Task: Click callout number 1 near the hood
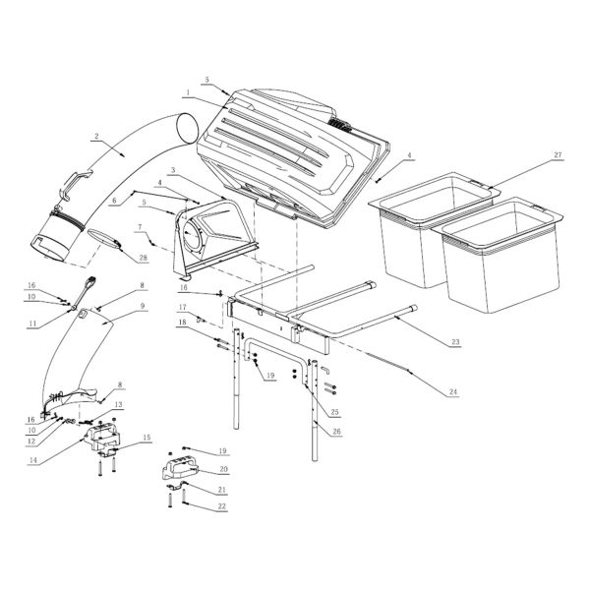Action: click(186, 92)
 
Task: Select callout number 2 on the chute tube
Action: click(95, 135)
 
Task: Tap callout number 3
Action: click(172, 171)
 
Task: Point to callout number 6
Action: click(114, 200)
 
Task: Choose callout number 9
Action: click(143, 307)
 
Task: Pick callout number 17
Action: click(181, 307)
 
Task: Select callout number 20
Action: click(223, 470)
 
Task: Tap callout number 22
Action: click(223, 506)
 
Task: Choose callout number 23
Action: click(455, 341)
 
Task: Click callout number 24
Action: click(453, 391)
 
